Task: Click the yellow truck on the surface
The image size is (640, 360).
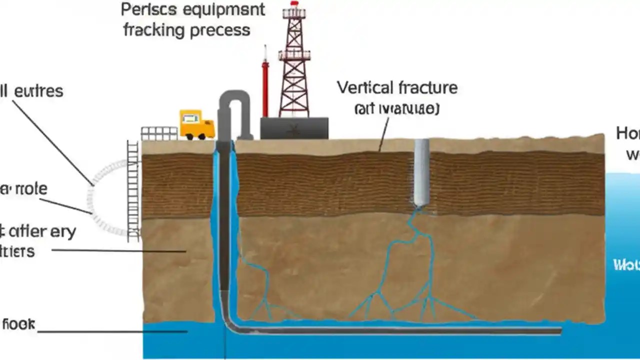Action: pyautogui.click(x=196, y=125)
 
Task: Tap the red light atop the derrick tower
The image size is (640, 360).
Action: pyautogui.click(x=294, y=3)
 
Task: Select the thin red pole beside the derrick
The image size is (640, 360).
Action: pyautogui.click(x=265, y=85)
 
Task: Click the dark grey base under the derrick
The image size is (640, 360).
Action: pyautogui.click(x=294, y=128)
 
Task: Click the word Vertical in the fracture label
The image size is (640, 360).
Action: pyautogui.click(x=365, y=88)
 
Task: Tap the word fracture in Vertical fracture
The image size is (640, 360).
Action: pyautogui.click(x=427, y=88)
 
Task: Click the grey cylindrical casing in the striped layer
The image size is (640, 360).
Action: pyautogui.click(x=421, y=172)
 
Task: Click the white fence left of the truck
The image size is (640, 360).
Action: pyautogui.click(x=159, y=133)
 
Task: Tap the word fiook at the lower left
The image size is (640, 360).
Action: pyautogui.click(x=18, y=324)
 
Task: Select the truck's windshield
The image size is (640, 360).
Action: pyautogui.click(x=190, y=119)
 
